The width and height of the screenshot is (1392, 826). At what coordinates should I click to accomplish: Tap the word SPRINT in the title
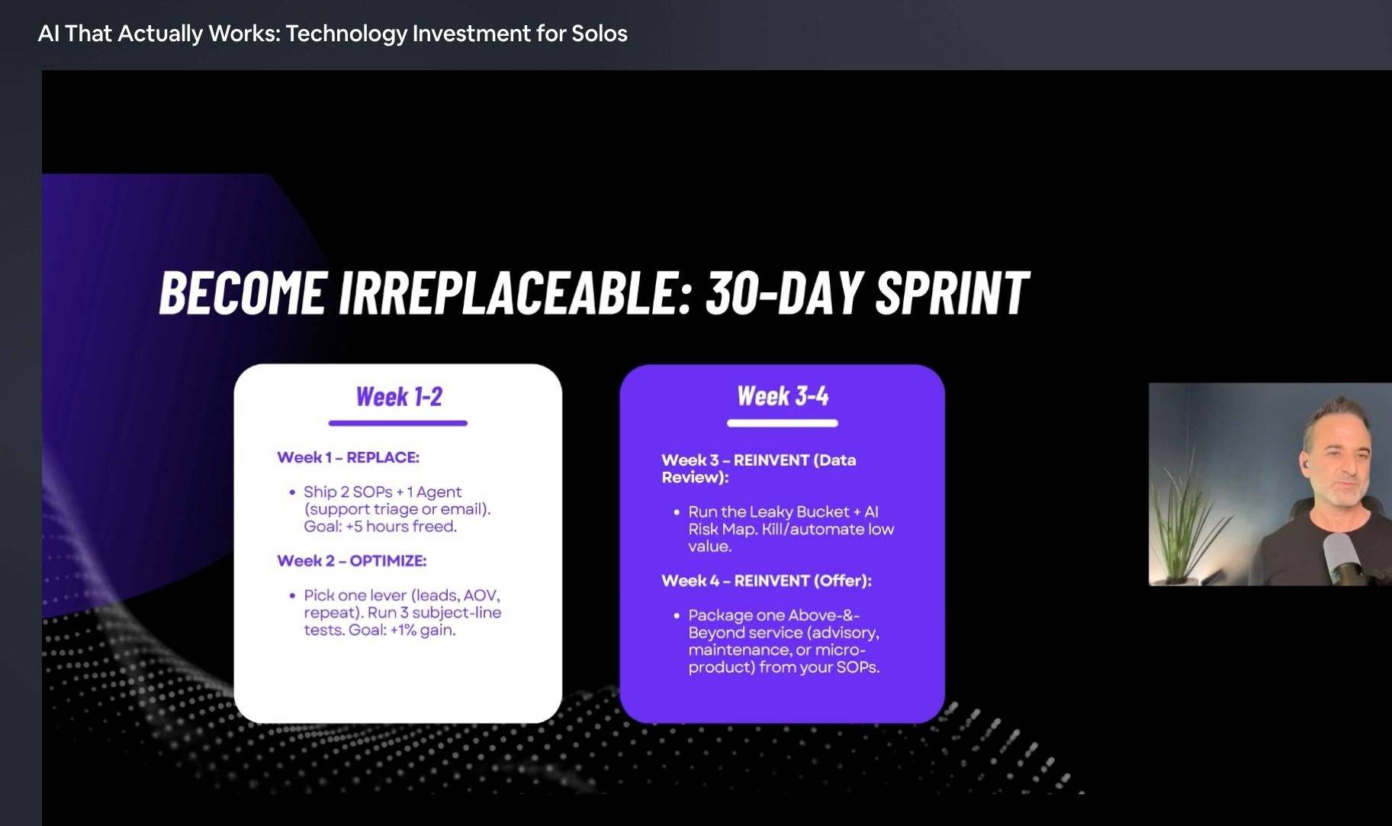[952, 292]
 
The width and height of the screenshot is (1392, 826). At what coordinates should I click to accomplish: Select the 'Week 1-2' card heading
[399, 397]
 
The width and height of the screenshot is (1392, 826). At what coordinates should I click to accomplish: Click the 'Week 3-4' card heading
[783, 396]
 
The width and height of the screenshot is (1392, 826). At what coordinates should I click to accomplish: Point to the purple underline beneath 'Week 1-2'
[398, 423]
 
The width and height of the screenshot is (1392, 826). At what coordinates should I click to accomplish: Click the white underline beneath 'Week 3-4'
[783, 423]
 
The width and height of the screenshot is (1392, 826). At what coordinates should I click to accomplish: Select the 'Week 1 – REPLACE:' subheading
[349, 457]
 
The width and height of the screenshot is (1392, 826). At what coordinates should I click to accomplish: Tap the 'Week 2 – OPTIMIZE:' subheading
[352, 560]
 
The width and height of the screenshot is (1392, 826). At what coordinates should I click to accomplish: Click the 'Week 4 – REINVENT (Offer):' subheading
[767, 580]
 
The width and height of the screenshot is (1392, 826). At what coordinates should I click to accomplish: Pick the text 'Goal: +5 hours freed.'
[380, 527]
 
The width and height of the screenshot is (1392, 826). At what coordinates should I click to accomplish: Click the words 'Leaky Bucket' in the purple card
[800, 511]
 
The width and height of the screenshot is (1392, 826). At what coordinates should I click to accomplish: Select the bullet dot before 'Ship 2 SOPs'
[292, 492]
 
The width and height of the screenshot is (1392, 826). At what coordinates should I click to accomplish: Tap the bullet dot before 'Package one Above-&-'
[677, 615]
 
